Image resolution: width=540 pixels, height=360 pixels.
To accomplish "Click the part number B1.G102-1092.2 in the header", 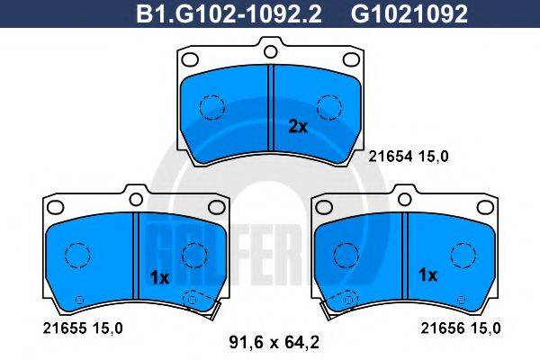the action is point(229,13).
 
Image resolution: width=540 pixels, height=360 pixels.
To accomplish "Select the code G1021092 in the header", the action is point(409,13).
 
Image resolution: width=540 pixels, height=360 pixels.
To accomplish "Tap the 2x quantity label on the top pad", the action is point(298,127).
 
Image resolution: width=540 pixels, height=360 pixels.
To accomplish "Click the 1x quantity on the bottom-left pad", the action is point(160,278).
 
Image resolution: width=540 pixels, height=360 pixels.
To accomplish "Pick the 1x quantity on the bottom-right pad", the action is point(427,274).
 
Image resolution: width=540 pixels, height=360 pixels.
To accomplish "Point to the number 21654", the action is point(391,157).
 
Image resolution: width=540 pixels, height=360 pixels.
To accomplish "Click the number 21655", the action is point(65,328).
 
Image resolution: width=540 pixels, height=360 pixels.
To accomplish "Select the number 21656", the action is point(443,328).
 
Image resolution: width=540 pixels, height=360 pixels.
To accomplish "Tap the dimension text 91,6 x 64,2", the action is point(274,343).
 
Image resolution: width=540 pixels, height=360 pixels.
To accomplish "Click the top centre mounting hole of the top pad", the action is point(270,52).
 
